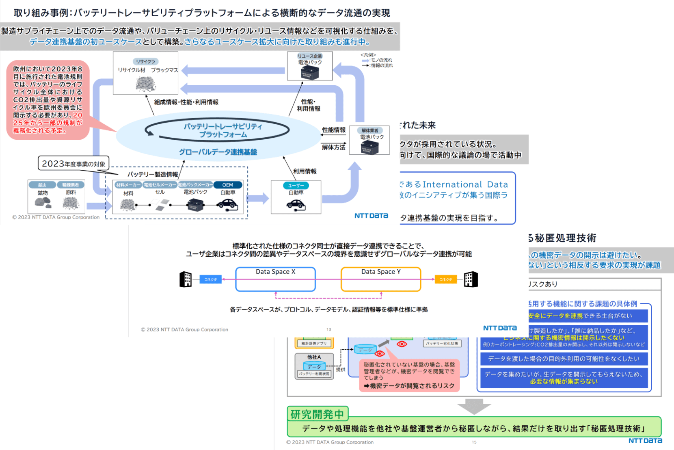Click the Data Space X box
(275, 279)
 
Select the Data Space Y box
(381, 279)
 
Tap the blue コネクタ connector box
(210, 279)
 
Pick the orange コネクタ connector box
(445, 279)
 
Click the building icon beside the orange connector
(471, 279)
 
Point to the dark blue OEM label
(227, 185)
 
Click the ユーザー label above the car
(296, 186)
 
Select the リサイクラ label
(145, 61)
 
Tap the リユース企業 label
(310, 56)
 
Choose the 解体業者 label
(369, 130)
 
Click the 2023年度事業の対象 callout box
(73, 164)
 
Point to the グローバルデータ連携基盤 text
(218, 152)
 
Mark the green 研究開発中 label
(317, 414)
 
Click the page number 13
(329, 329)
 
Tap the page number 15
(474, 442)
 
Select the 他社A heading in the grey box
(314, 357)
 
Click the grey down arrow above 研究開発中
(474, 406)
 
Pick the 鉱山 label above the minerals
(42, 185)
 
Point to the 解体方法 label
(333, 147)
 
